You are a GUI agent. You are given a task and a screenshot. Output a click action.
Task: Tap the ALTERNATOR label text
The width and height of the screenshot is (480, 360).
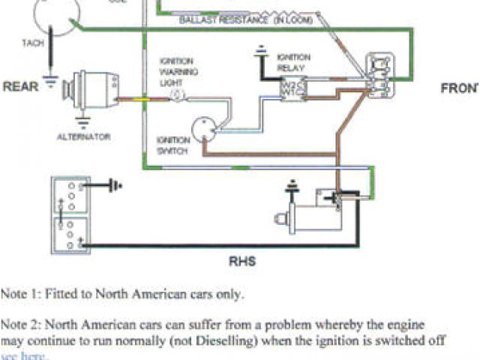tap(84, 136)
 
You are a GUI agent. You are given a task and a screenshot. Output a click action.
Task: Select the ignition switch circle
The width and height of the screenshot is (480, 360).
tap(200, 129)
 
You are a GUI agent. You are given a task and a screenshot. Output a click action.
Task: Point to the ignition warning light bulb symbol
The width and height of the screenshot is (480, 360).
tap(177, 96)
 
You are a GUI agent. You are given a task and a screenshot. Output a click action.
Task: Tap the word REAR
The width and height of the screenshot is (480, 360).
tap(21, 86)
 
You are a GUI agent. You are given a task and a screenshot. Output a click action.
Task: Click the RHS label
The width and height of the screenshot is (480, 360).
tap(242, 262)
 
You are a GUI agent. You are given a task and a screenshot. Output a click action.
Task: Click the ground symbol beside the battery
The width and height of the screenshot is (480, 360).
tap(115, 184)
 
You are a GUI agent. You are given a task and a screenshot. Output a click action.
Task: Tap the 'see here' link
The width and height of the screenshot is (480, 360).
tap(25, 355)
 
